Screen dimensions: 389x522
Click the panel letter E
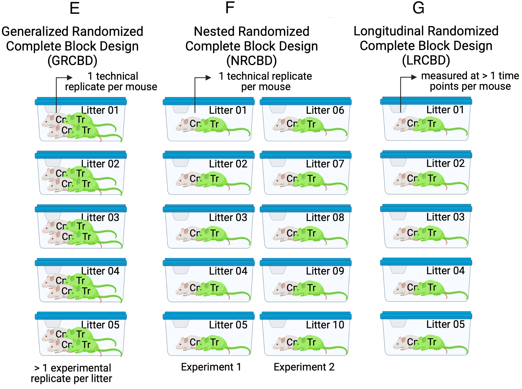pos(74,8)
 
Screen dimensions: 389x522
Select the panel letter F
pos(230,8)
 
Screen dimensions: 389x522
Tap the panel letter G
pos(418,8)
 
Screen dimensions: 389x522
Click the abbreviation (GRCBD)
pos(72,61)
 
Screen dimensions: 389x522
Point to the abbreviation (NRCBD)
pos(251,61)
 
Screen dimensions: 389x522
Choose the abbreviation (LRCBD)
pos(426,60)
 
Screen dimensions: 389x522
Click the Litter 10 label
pos(325,325)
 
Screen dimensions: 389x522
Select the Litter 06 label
pos(325,110)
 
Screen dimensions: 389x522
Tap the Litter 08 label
pos(325,217)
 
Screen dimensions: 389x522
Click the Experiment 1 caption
pos(211,367)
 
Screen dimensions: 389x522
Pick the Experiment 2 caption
pos(304,367)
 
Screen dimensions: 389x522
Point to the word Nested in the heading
pos(214,31)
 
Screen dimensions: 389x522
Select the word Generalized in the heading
pos(35,31)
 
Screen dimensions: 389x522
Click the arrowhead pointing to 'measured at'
pos(414,77)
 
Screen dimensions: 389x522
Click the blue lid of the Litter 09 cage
pos(306,262)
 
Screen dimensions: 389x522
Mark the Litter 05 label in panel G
pos(445,324)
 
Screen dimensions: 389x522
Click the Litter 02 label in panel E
pos(100,164)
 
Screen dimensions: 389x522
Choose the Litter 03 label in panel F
pos(228,217)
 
